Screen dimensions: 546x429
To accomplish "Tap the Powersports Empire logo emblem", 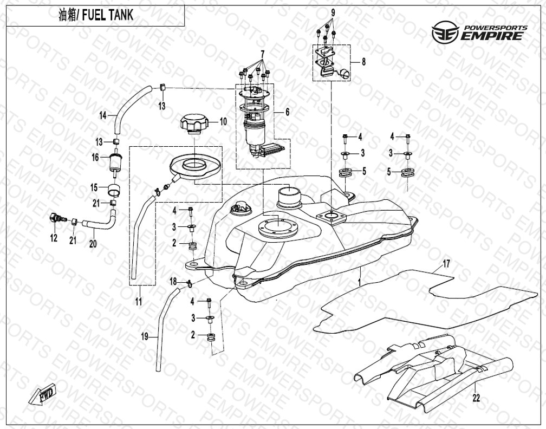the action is [445, 32].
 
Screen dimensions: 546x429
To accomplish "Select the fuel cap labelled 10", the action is [194, 124].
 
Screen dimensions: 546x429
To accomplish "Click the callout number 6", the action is [287, 112].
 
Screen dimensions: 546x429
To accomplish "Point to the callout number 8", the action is [363, 62].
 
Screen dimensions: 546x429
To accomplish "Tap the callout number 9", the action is [333, 13].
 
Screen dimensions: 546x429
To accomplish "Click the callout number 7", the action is [262, 54].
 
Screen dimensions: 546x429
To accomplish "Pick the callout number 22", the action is [476, 398].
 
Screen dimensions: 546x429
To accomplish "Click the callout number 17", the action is [446, 264].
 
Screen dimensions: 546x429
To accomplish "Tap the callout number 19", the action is [145, 336].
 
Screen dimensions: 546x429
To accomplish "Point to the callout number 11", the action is [139, 301].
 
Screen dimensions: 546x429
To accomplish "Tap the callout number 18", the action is [173, 281].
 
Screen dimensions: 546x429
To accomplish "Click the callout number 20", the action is [93, 244].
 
